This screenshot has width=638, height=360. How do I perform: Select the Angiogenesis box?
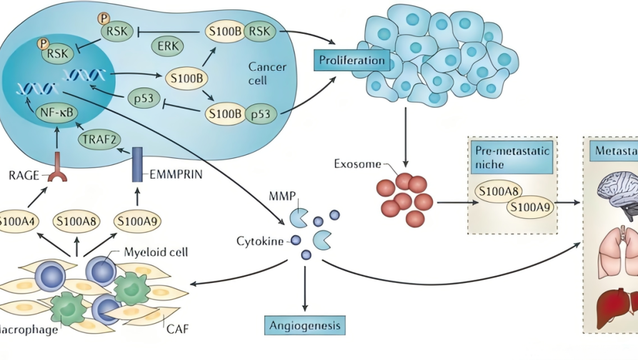tap(305, 325)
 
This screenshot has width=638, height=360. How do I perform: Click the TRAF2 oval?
tap(98, 140)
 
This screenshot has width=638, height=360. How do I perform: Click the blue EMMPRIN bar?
tap(137, 164)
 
